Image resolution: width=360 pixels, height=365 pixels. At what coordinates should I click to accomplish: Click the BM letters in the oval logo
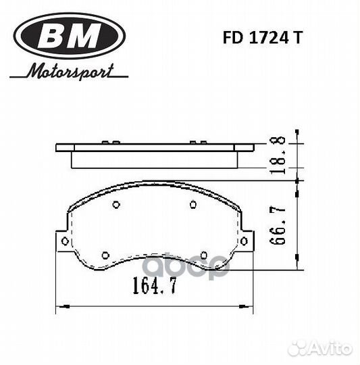pos(70,35)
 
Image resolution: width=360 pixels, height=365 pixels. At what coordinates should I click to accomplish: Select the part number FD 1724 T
pos(263,38)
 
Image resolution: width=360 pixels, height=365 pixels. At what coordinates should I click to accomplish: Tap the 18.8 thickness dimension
pos(277,155)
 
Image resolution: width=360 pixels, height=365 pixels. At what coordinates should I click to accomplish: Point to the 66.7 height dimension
pos(277,225)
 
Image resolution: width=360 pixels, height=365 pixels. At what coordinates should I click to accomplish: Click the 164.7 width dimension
pos(155,285)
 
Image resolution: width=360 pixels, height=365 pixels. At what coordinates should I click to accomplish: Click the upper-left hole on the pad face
pos(116,205)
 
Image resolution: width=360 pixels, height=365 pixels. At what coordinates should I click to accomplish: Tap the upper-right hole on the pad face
pos(193,205)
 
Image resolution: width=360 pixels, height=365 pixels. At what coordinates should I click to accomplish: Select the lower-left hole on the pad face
pos(105,255)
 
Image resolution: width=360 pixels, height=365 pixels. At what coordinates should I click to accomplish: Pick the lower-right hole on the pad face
pos(204,255)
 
